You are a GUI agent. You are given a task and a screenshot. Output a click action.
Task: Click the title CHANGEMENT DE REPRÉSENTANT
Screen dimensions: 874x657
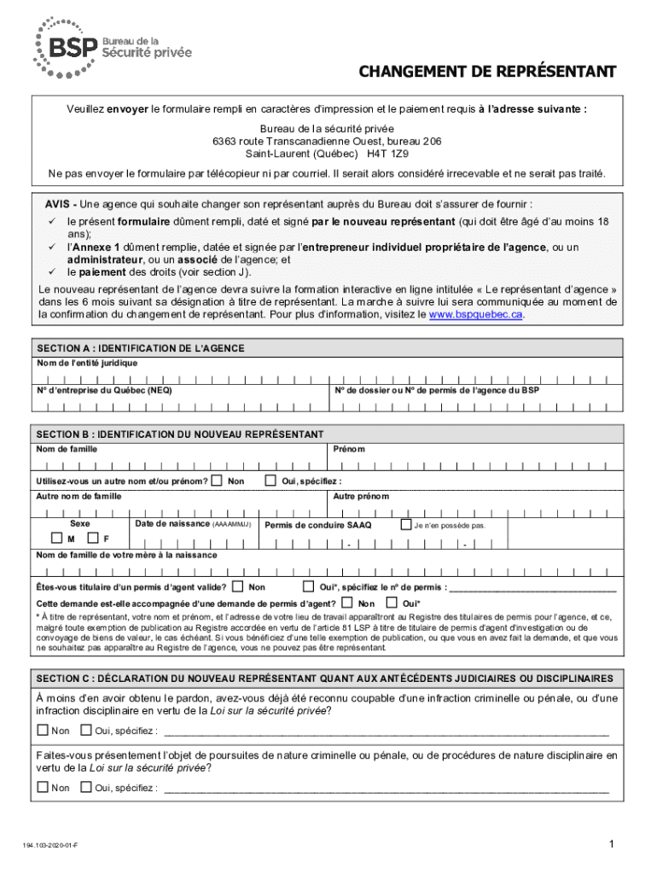(x=486, y=71)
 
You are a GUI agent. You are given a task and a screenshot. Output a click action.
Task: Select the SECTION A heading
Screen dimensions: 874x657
(x=141, y=348)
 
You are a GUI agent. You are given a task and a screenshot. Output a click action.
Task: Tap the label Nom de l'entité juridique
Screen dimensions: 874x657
(x=87, y=363)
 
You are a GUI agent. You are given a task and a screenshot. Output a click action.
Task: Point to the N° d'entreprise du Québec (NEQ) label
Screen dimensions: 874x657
(x=104, y=390)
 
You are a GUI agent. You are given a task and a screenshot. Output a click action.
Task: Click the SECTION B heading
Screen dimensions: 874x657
(x=180, y=434)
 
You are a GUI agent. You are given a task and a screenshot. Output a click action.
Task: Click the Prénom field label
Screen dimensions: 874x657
(x=349, y=449)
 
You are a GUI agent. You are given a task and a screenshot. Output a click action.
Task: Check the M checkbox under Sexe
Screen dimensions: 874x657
(x=57, y=539)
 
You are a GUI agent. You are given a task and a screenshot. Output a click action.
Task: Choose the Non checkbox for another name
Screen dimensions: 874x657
(x=218, y=481)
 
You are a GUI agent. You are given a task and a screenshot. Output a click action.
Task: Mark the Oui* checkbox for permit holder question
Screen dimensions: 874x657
(x=310, y=586)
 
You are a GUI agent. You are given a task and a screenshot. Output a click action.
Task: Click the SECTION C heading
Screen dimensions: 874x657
(x=324, y=679)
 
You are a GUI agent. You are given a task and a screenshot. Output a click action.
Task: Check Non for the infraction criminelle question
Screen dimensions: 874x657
(x=43, y=730)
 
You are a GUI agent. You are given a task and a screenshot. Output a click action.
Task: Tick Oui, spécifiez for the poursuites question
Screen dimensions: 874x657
(x=85, y=787)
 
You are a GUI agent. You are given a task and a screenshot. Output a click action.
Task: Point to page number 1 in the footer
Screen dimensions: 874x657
(x=612, y=845)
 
